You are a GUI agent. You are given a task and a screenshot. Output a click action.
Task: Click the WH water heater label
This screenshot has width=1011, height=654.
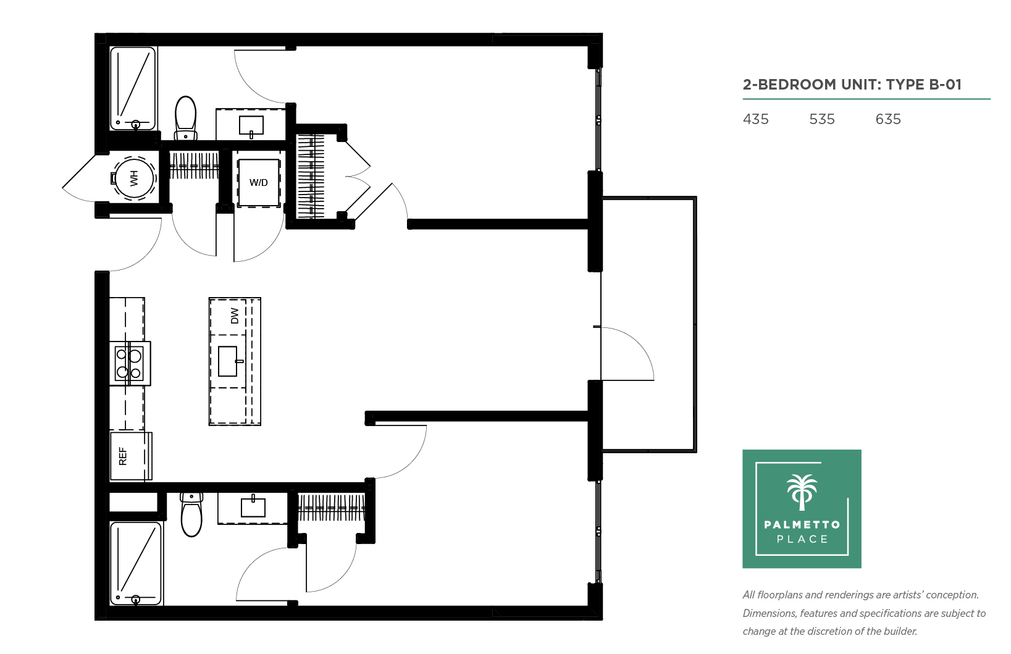pos(134,178)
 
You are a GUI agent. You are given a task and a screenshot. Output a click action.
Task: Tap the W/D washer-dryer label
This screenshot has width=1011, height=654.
pos(259,183)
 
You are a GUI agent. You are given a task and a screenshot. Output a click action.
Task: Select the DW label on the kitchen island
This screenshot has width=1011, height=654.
pos(234,316)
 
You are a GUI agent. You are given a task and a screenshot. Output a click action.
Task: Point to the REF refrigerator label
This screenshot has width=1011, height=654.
pos(123,456)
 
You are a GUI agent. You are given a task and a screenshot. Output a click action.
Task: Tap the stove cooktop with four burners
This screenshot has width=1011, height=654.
pos(130,363)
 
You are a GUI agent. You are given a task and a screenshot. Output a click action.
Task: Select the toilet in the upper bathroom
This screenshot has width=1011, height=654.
pos(185,118)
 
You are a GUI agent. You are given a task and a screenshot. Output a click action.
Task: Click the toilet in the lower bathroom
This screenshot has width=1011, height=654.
pos(191,515)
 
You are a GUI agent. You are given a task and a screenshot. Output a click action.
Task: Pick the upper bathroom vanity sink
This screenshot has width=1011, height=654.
pos(251,126)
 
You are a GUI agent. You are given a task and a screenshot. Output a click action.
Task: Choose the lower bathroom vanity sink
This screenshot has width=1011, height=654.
pos(253,506)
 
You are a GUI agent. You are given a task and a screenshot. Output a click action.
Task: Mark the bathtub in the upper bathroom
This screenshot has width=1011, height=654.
pos(133,88)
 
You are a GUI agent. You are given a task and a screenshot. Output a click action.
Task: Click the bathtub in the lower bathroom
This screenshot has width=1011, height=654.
pos(135,563)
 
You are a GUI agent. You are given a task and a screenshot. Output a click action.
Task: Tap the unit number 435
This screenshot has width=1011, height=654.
pos(755,119)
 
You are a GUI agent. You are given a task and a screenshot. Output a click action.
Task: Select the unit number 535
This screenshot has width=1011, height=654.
pos(822,119)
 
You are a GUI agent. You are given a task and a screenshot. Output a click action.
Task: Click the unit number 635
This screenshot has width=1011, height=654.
pos(888,119)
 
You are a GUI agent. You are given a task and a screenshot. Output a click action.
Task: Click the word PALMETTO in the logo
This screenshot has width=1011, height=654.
pos(802,524)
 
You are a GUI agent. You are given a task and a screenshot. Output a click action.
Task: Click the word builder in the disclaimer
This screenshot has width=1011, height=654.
pos(899,631)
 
